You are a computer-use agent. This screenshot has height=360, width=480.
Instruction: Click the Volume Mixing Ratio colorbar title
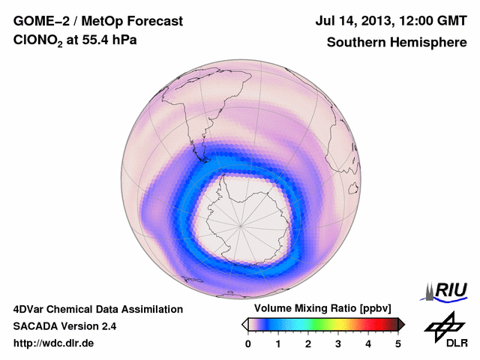pyautogui.click(x=319, y=308)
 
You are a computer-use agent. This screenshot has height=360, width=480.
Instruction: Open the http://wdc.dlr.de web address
pyautogui.click(x=54, y=343)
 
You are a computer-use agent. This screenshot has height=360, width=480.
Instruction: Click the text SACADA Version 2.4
pyautogui.click(x=64, y=326)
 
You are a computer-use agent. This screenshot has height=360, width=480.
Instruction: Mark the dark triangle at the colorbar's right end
pyautogui.click(x=400, y=324)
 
